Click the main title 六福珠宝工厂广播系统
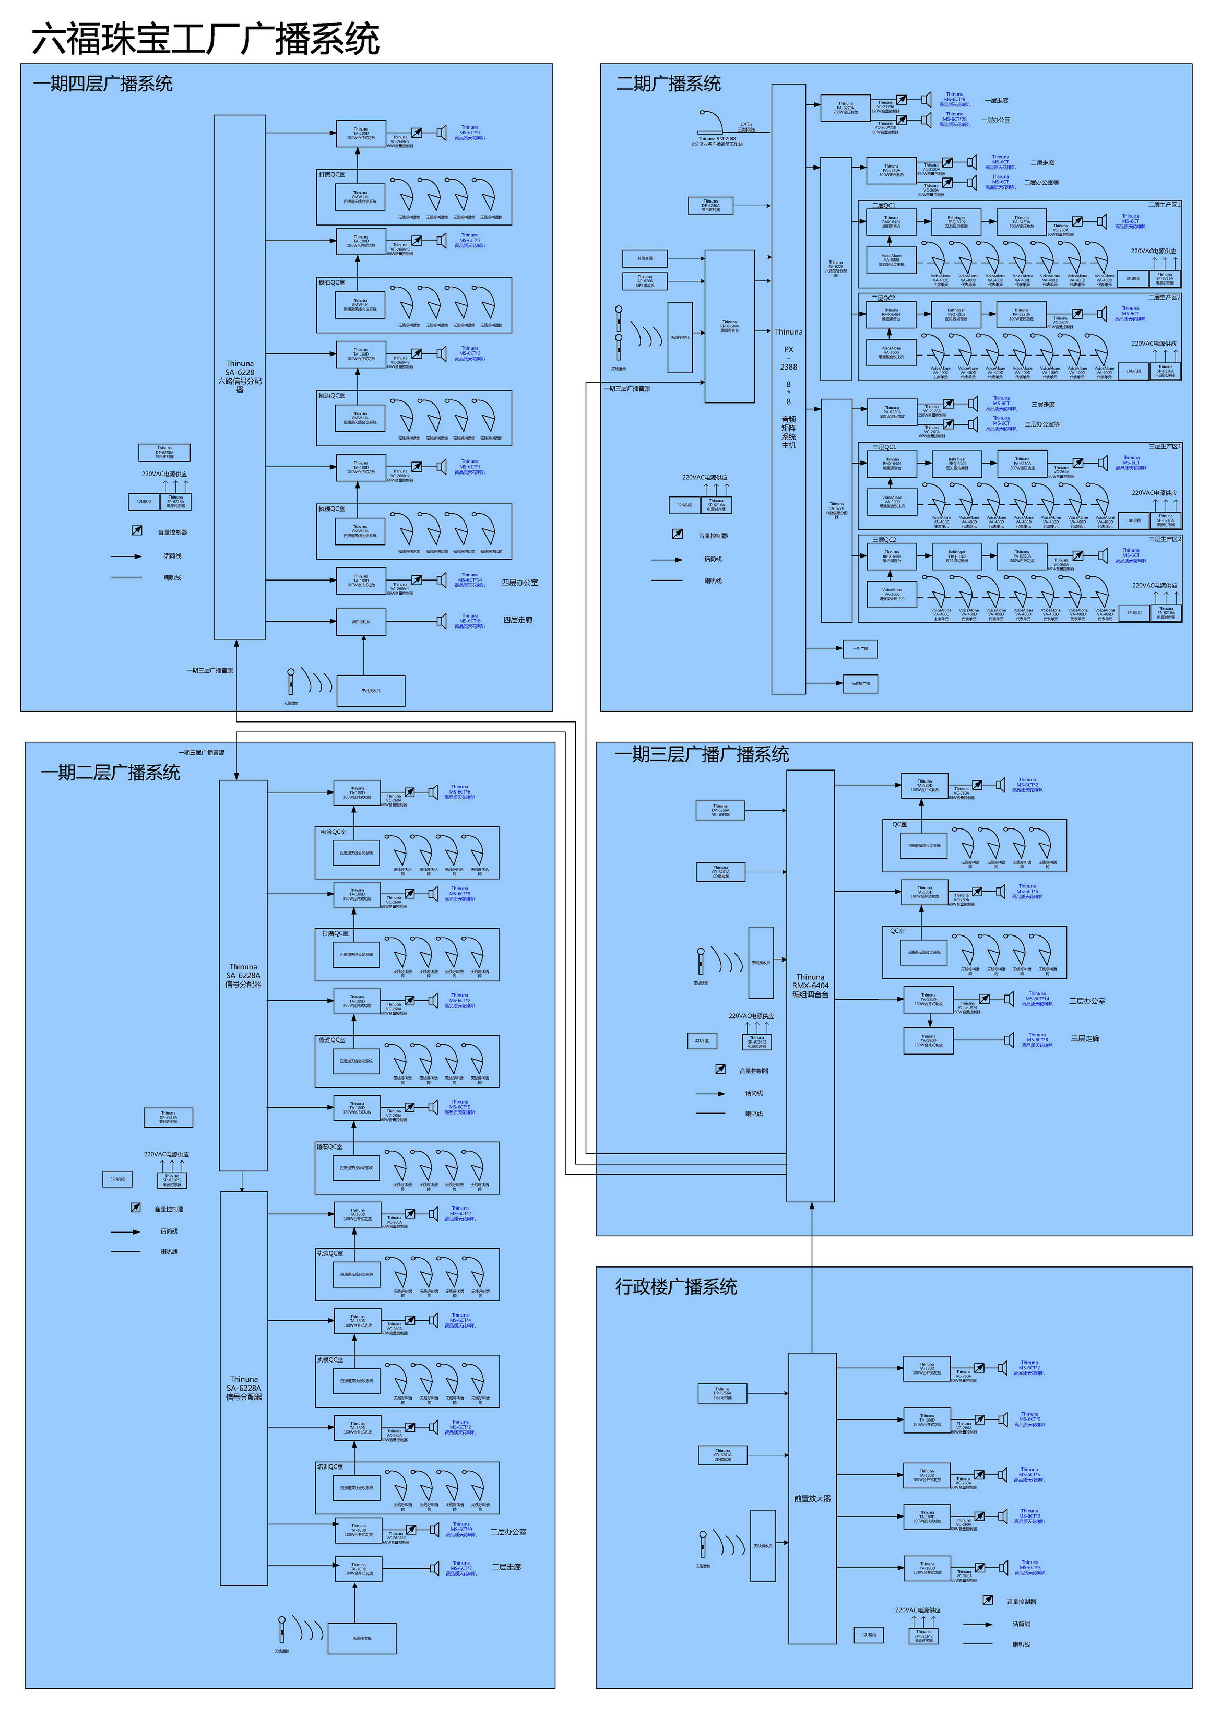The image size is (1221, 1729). [x=205, y=39]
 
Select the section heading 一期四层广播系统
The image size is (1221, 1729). [x=102, y=84]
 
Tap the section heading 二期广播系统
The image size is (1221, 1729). [x=668, y=84]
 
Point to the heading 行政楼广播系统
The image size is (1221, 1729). [x=675, y=1287]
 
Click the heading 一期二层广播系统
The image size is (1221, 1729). [x=110, y=773]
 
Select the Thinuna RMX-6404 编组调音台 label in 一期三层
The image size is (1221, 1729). [x=810, y=986]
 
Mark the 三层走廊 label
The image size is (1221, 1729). [x=1085, y=1038]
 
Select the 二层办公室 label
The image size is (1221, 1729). [x=508, y=1532]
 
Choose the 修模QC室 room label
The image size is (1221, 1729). [x=331, y=1040]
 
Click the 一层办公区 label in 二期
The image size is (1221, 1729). [x=995, y=120]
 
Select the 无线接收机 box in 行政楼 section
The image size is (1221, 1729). [x=763, y=1546]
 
